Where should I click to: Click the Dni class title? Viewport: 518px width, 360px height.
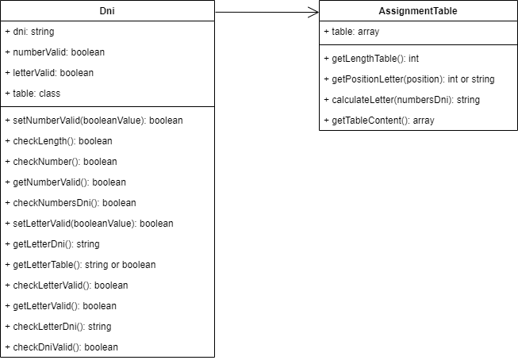click(x=108, y=11)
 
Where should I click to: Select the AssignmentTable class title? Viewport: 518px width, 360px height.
click(x=418, y=12)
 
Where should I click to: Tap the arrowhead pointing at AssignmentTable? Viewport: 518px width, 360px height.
click(x=313, y=12)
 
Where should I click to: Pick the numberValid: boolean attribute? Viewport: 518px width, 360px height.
click(x=55, y=52)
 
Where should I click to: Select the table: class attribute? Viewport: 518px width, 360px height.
click(x=33, y=94)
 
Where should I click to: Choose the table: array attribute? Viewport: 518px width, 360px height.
click(x=352, y=32)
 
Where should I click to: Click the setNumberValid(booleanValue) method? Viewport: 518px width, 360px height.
click(x=94, y=121)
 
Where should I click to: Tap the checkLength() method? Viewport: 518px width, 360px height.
click(x=59, y=141)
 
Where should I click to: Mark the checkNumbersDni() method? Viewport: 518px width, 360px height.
click(x=71, y=203)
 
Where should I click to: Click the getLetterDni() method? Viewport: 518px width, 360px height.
click(x=52, y=244)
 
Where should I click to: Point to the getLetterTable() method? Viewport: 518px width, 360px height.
click(x=80, y=265)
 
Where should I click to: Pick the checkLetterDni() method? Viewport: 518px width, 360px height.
click(x=58, y=327)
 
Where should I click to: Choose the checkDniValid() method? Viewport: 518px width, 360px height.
click(x=61, y=347)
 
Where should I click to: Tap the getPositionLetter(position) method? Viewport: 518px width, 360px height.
click(x=409, y=79)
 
